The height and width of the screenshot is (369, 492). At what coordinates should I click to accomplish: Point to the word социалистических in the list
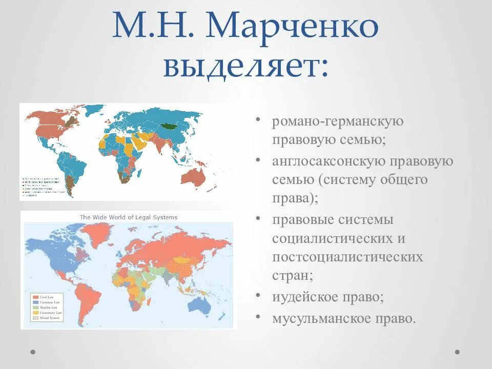click(x=339, y=239)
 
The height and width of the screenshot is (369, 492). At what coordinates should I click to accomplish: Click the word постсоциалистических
click(x=347, y=257)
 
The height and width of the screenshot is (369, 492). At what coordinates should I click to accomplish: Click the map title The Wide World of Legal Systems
click(x=128, y=217)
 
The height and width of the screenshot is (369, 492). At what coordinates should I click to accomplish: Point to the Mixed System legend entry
click(x=50, y=318)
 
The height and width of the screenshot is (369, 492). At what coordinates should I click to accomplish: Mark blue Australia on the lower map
click(x=200, y=304)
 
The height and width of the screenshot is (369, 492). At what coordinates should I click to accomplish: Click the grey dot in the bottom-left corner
click(x=33, y=352)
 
